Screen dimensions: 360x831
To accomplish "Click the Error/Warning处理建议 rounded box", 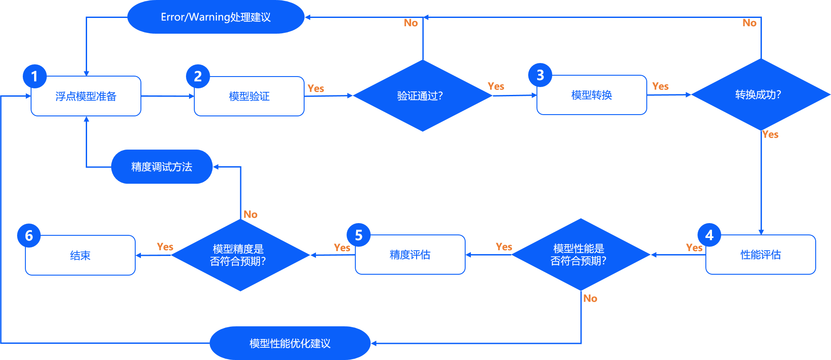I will [x=216, y=17].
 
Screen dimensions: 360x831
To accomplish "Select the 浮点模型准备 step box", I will [x=86, y=96].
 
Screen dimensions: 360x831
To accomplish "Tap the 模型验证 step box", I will [x=249, y=96].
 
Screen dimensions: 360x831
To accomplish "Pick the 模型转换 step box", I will [x=592, y=95].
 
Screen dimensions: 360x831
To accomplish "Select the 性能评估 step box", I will [x=761, y=255].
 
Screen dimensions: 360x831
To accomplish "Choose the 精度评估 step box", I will [x=410, y=255].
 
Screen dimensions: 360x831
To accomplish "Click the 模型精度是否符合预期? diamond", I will [x=240, y=255].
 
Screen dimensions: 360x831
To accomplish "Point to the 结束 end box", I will [x=80, y=255].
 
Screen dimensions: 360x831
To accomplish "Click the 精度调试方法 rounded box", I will [x=161, y=167].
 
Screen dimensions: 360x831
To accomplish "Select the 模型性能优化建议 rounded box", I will [x=290, y=343].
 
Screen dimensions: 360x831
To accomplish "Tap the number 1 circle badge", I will [x=35, y=77].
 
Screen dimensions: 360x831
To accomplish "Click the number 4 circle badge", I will [x=709, y=235].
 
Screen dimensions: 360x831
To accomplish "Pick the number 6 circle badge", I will [x=29, y=236].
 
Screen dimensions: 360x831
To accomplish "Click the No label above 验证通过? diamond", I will [x=410, y=23].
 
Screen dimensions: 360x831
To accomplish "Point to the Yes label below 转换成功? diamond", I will [x=770, y=135].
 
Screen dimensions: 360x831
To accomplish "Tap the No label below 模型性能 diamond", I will [x=590, y=298].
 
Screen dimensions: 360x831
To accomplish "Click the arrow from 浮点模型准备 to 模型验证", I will [x=168, y=96].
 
